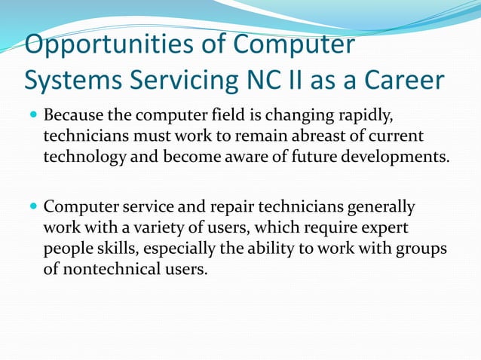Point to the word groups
pos(422,247)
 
